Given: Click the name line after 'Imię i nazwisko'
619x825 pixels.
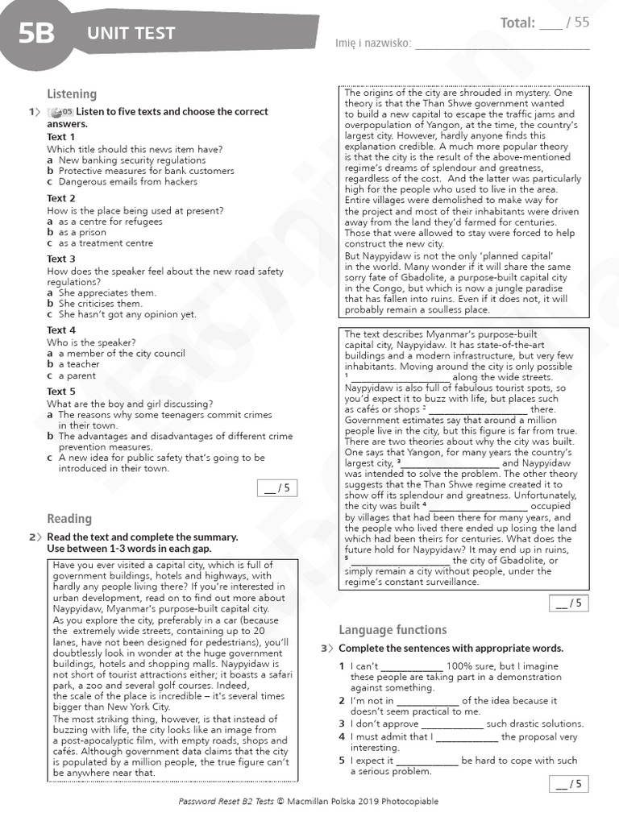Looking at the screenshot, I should click(x=501, y=45).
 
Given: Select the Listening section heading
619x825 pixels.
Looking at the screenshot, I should click(x=72, y=94).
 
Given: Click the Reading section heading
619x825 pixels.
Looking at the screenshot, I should click(x=69, y=519).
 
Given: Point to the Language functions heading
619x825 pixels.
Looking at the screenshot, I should click(x=393, y=630).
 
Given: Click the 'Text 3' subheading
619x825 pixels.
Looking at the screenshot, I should click(x=61, y=259).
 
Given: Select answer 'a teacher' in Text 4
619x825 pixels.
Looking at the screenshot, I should click(x=79, y=364).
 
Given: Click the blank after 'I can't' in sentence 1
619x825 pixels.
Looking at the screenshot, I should click(x=411, y=667).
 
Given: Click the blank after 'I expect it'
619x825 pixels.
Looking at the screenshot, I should click(x=427, y=761).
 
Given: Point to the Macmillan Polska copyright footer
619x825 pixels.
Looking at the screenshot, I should click(x=309, y=802).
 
